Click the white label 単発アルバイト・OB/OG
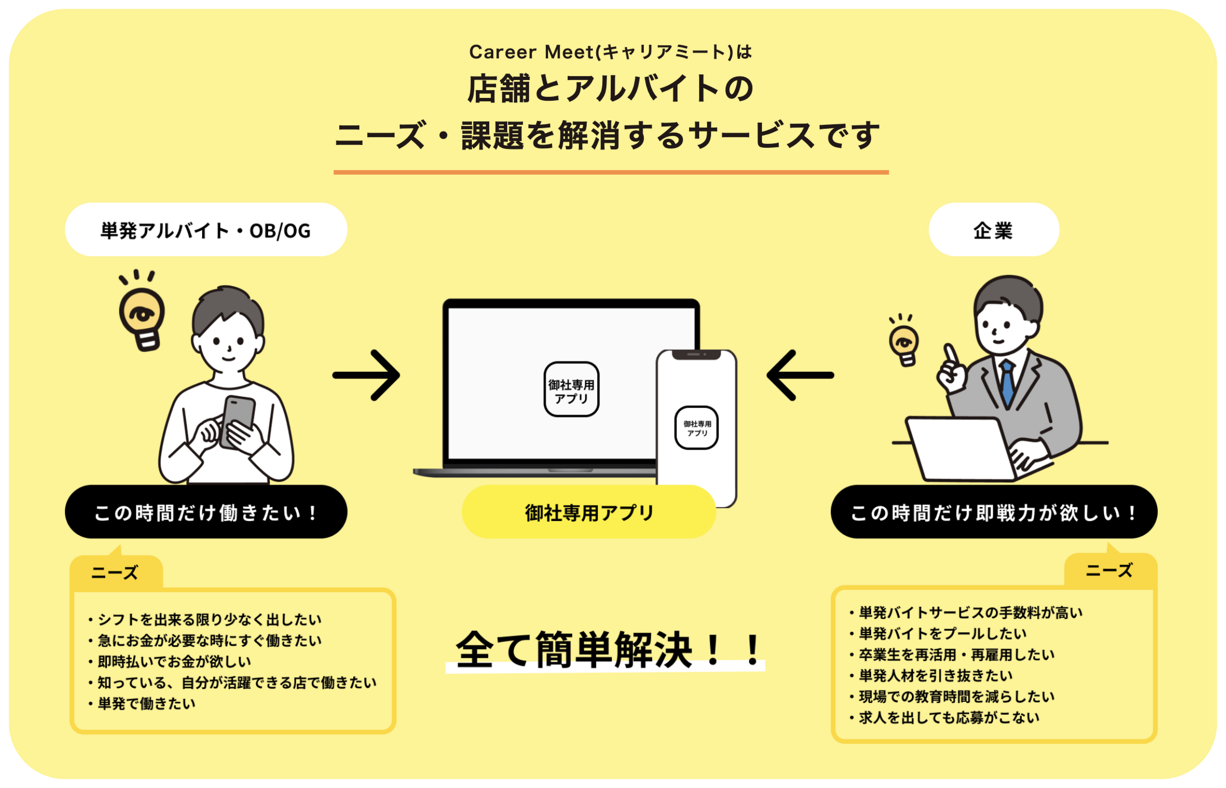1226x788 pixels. (206, 230)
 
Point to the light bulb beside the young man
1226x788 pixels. (142, 317)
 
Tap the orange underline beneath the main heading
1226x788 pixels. (611, 173)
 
